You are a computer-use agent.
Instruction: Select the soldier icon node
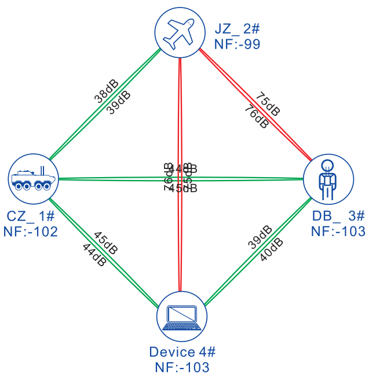(x=328, y=179)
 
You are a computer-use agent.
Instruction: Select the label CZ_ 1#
(x=31, y=216)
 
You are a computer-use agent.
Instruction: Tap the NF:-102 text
(x=31, y=231)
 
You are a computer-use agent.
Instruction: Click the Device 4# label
(x=182, y=352)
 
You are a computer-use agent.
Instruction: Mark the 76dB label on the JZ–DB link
(x=256, y=115)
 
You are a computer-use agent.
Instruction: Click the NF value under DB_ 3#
(x=338, y=231)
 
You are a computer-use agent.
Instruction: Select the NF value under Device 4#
(x=182, y=367)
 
